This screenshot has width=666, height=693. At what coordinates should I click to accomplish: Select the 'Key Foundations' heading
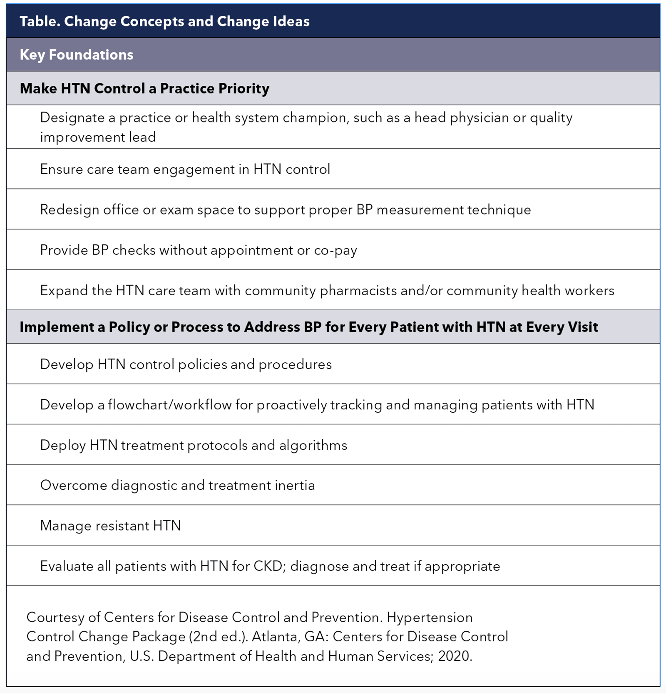(77, 55)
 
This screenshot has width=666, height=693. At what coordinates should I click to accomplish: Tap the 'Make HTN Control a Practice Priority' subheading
(144, 88)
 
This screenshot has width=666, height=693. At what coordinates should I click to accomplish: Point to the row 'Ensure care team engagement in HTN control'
(185, 169)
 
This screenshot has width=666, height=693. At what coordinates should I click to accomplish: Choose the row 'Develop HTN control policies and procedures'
(186, 364)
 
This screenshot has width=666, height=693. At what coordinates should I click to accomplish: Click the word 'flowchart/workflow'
(169, 405)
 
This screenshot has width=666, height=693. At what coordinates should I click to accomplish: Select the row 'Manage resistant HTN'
(110, 526)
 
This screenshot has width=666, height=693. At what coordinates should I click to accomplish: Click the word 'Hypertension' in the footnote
(430, 617)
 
